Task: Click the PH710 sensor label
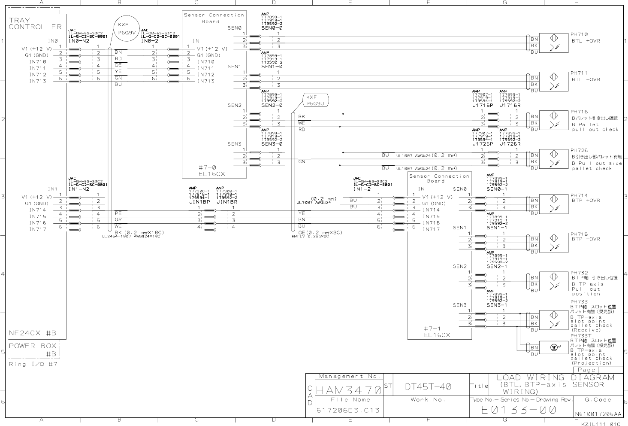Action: click(x=579, y=34)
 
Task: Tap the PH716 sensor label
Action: click(x=579, y=112)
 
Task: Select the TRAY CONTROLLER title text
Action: click(x=35, y=23)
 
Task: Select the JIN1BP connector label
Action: click(x=199, y=201)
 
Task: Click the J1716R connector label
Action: click(x=510, y=105)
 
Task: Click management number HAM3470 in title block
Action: click(x=349, y=391)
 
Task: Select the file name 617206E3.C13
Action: click(x=348, y=411)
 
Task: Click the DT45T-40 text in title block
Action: click(x=428, y=387)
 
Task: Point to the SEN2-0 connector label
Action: click(x=272, y=105)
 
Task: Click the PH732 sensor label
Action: click(x=579, y=273)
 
